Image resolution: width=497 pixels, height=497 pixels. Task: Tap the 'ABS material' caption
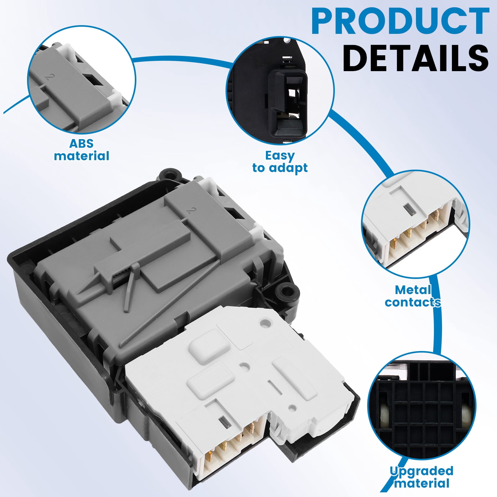(x=81, y=150)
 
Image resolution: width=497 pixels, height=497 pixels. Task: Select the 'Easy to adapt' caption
(x=280, y=162)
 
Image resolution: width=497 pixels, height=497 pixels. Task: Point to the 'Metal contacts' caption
(x=413, y=296)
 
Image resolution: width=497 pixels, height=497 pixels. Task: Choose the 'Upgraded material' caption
(x=422, y=477)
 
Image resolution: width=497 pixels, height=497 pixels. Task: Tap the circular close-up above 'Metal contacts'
(x=416, y=224)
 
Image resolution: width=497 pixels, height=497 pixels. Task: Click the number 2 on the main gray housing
(x=191, y=211)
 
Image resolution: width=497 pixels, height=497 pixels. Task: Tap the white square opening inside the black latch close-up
(x=292, y=94)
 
